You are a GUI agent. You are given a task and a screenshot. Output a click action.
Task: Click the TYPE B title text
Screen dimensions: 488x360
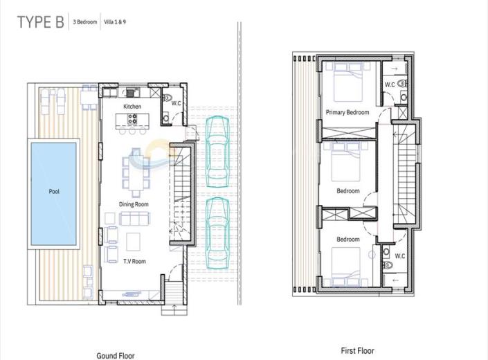[x=40, y=22]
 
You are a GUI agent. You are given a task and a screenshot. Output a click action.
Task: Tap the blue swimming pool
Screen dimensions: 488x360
[x=54, y=194]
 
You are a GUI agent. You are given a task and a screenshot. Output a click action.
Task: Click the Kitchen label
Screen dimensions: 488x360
[x=132, y=107]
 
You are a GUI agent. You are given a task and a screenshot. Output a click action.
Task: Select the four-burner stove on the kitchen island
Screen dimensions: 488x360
[x=132, y=119]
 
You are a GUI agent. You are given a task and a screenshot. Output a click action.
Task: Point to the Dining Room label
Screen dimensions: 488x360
[x=134, y=204]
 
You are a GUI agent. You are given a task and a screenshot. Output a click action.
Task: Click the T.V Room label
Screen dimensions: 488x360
[x=134, y=262]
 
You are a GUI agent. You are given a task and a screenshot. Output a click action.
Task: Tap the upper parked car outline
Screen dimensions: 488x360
[x=217, y=152]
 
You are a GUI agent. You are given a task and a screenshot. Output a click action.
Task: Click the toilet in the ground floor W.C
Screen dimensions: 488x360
[x=167, y=98]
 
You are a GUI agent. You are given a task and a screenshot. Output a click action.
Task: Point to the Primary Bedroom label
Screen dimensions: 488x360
[x=347, y=112]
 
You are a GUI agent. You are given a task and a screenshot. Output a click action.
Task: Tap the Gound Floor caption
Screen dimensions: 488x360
[x=116, y=356]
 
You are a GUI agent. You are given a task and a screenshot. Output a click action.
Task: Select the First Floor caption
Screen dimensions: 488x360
[x=358, y=351]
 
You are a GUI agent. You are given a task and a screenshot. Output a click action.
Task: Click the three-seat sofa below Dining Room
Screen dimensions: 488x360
[x=134, y=219]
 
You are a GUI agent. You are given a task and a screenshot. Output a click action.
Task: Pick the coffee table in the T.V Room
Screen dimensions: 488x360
[x=133, y=242]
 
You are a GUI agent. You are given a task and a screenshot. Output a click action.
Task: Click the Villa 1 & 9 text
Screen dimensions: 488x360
[x=115, y=22]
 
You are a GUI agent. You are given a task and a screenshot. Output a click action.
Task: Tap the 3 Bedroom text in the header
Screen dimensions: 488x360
[x=85, y=22]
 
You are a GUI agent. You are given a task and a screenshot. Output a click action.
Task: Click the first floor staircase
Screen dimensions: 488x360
[x=404, y=174]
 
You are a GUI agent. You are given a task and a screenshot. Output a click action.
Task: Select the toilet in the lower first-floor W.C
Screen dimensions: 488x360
[x=388, y=265]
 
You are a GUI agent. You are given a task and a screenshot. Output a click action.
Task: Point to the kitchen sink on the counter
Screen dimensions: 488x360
[x=130, y=92]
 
